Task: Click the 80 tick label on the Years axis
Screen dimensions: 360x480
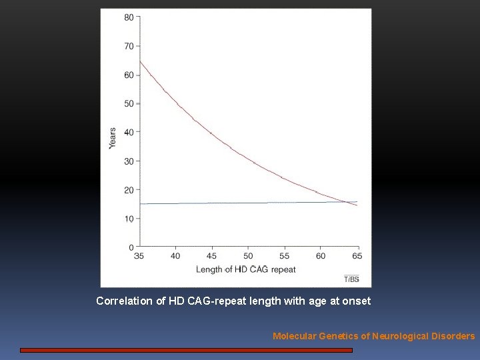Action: [x=129, y=17]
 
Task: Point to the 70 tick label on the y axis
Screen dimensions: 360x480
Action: [x=129, y=46]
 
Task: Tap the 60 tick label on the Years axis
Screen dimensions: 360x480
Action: [x=129, y=75]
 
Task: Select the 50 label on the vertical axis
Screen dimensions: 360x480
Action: [x=129, y=103]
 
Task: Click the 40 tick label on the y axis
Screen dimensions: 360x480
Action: [x=129, y=132]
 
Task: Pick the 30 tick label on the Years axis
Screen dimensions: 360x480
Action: [x=129, y=161]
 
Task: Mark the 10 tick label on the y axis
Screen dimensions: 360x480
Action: [x=129, y=219]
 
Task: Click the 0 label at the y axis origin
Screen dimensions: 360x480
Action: [x=131, y=247]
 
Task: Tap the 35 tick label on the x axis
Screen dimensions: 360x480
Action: [x=139, y=256]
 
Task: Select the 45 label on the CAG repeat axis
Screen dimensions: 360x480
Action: [x=212, y=256]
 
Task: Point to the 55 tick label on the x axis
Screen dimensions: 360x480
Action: [x=285, y=256]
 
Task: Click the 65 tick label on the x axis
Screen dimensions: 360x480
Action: [x=357, y=256]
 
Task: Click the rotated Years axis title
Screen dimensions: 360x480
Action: [x=113, y=138]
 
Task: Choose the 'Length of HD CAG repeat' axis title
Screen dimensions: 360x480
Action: [x=245, y=269]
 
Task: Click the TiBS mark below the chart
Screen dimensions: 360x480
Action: [x=351, y=279]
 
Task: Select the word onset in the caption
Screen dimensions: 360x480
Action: [x=357, y=301]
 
